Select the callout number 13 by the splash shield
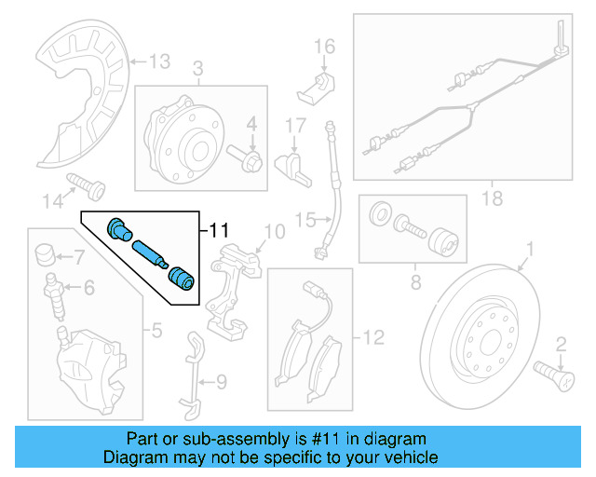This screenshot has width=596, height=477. pyautogui.click(x=159, y=62)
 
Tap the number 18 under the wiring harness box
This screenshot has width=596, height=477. pyautogui.click(x=491, y=197)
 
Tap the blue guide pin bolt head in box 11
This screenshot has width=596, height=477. pyautogui.click(x=119, y=228)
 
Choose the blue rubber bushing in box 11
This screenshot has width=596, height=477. pyautogui.click(x=181, y=277)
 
